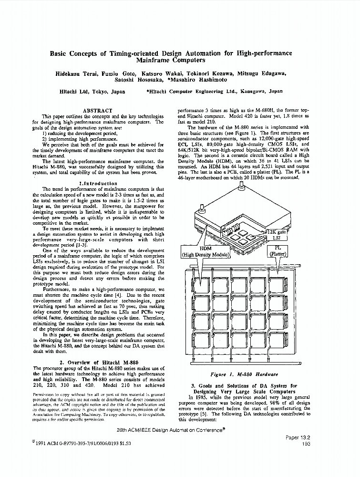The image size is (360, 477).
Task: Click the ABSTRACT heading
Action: tap(98, 111)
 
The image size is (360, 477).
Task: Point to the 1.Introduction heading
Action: tap(98, 184)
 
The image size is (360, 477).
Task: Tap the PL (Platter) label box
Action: tap(278, 251)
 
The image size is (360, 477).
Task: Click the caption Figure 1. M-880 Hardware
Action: tap(244, 374)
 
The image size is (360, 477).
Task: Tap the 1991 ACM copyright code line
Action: tap(81, 443)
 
